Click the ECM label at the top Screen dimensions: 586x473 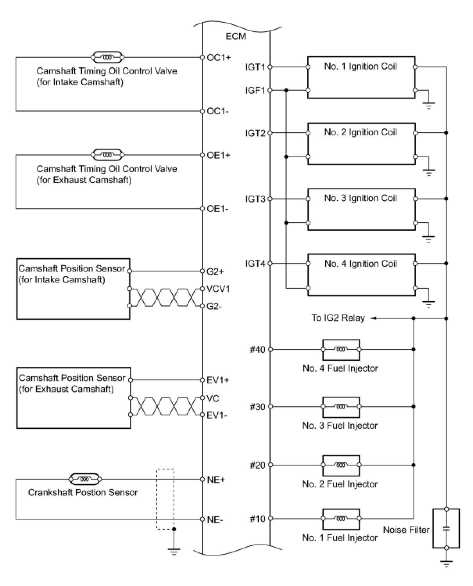pyautogui.click(x=236, y=36)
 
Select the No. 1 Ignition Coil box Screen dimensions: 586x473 pyautogui.click(x=361, y=77)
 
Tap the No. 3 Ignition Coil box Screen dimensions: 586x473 pyautogui.click(x=361, y=209)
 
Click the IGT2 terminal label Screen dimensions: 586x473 pyautogui.click(x=255, y=133)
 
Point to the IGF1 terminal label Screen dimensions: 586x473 pyautogui.click(x=255, y=90)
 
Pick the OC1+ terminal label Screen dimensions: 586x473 pyautogui.click(x=219, y=58)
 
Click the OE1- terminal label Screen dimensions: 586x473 pyautogui.click(x=218, y=209)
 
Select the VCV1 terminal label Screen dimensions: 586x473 pyautogui.click(x=218, y=289)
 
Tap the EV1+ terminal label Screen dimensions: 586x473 pyautogui.click(x=218, y=380)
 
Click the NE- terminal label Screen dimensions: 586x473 pyautogui.click(x=215, y=519)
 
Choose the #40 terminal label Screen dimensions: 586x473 pyautogui.click(x=257, y=349)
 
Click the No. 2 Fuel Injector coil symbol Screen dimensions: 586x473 pyautogui.click(x=341, y=465)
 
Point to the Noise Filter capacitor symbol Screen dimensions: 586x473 pyautogui.click(x=446, y=528)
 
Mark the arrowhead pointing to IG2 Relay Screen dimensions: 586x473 pyautogui.click(x=373, y=318)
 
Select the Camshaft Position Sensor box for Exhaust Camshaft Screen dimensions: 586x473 pyautogui.click(x=73, y=398)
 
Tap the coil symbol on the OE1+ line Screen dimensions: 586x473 pyautogui.click(x=107, y=155)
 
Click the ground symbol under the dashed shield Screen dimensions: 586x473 pyautogui.click(x=174, y=552)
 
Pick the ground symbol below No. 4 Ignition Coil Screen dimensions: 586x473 pyautogui.click(x=429, y=304)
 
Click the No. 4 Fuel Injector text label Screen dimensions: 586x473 pyautogui.click(x=340, y=368)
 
